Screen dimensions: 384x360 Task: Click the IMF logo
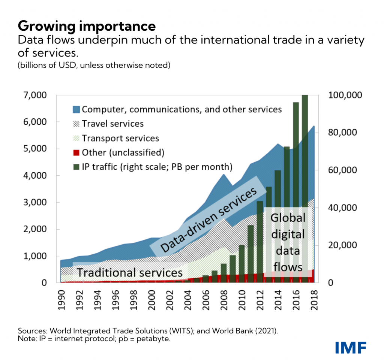[x=351, y=348]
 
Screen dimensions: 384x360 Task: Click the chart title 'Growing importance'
[x=87, y=26]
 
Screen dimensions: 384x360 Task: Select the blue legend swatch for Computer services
[x=76, y=109]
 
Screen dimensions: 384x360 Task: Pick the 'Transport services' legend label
[x=120, y=139]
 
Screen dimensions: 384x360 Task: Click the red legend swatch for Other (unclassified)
[x=76, y=152]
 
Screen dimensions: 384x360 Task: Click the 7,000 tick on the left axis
[x=35, y=95]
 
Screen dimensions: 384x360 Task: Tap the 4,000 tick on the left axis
[x=35, y=175]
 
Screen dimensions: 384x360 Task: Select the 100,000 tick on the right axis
[x=345, y=95]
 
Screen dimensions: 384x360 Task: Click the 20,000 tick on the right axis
[x=343, y=245]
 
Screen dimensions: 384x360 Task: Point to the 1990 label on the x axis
[x=61, y=300]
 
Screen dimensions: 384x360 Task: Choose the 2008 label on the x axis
[x=224, y=300]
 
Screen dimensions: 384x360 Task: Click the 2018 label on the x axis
[x=314, y=300]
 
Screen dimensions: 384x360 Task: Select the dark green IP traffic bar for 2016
[x=296, y=193]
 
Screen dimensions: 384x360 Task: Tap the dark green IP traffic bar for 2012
[x=260, y=242]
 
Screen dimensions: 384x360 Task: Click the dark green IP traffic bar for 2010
[x=242, y=264]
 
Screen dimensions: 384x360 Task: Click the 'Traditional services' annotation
[x=130, y=273]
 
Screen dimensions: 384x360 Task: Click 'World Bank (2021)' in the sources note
[x=244, y=331]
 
